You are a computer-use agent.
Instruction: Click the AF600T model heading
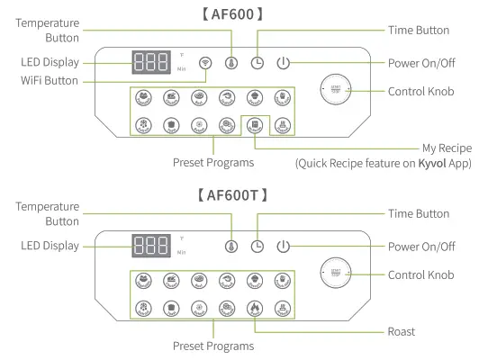243,193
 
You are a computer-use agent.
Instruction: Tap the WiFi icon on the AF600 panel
205,64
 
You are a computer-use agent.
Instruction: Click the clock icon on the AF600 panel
258,64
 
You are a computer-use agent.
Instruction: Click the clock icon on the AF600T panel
258,247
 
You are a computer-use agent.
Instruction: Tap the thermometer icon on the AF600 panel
231,64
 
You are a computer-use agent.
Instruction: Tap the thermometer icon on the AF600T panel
231,247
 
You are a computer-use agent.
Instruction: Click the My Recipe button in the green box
255,125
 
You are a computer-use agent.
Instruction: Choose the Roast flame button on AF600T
255,307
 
